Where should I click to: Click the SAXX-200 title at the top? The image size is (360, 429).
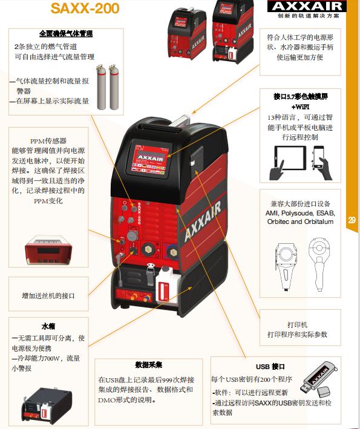coord(85,8)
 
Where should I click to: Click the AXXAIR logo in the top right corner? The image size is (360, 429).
coord(307,6)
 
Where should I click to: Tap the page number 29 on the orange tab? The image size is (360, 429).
coord(352,220)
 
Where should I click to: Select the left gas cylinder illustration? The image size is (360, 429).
coord(101,87)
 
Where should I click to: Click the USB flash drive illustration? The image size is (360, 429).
coord(319,378)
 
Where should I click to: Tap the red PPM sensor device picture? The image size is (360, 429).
coord(48,250)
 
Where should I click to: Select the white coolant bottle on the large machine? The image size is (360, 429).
coord(166,284)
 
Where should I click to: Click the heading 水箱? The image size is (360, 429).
coord(48,326)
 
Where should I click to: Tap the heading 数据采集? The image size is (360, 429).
coord(149,365)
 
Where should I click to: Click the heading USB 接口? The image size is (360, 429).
coord(270,367)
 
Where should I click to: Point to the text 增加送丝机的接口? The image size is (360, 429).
coord(48,296)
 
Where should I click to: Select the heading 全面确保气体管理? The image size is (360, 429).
coord(66,34)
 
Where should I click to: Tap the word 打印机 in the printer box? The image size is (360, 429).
coord(297,325)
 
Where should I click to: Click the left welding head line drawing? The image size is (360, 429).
coord(286,266)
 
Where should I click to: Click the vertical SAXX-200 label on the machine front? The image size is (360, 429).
coord(139,214)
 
